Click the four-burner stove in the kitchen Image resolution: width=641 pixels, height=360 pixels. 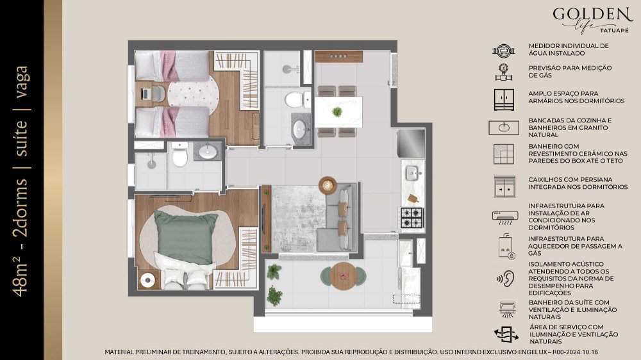(412, 218)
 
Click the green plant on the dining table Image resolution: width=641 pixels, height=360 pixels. (337, 111)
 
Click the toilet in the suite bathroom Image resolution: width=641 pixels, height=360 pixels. (179, 154)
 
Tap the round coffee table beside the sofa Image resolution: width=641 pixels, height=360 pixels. (328, 185)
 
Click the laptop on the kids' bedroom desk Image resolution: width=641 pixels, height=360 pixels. (146, 94)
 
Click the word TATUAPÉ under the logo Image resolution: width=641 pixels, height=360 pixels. (615, 30)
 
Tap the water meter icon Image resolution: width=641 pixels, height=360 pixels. (504, 51)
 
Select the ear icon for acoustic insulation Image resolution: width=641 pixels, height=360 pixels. (506, 279)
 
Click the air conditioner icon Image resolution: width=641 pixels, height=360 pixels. (505, 217)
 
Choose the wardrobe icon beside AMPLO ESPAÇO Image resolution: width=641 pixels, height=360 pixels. (504, 100)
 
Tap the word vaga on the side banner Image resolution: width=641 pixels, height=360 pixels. (21, 82)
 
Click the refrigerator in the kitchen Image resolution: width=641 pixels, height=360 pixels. (411, 143)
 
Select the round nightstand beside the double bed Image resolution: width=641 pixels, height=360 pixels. (147, 280)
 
